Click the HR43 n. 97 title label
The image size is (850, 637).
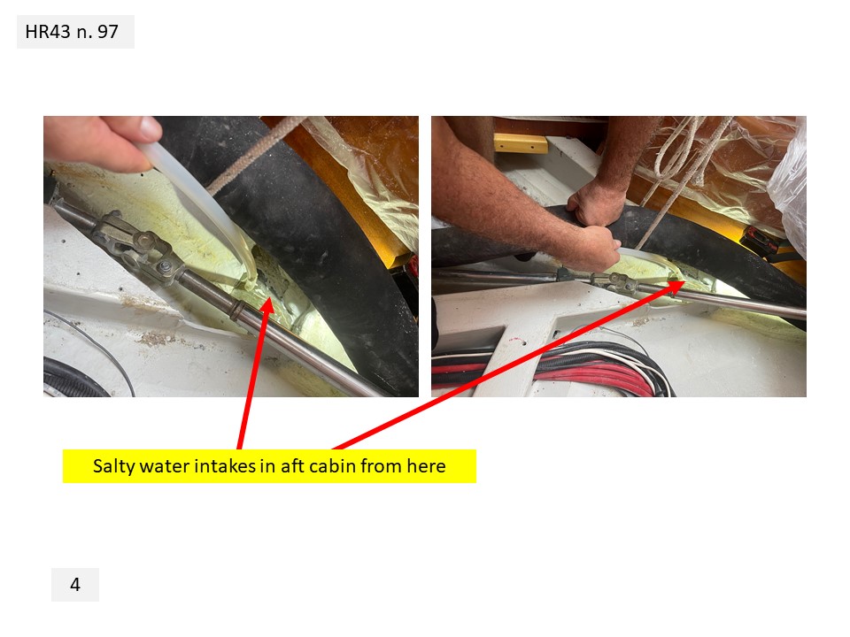click(x=72, y=32)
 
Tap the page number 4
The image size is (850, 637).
click(x=74, y=585)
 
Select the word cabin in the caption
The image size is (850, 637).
click(x=335, y=466)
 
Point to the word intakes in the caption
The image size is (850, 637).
click(x=225, y=466)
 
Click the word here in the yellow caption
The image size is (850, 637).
click(x=427, y=466)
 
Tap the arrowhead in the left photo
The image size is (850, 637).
click(x=267, y=306)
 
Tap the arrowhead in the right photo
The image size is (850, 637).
click(x=675, y=286)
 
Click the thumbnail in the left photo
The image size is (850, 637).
click(x=150, y=128)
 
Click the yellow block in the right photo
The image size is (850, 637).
click(x=521, y=143)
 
